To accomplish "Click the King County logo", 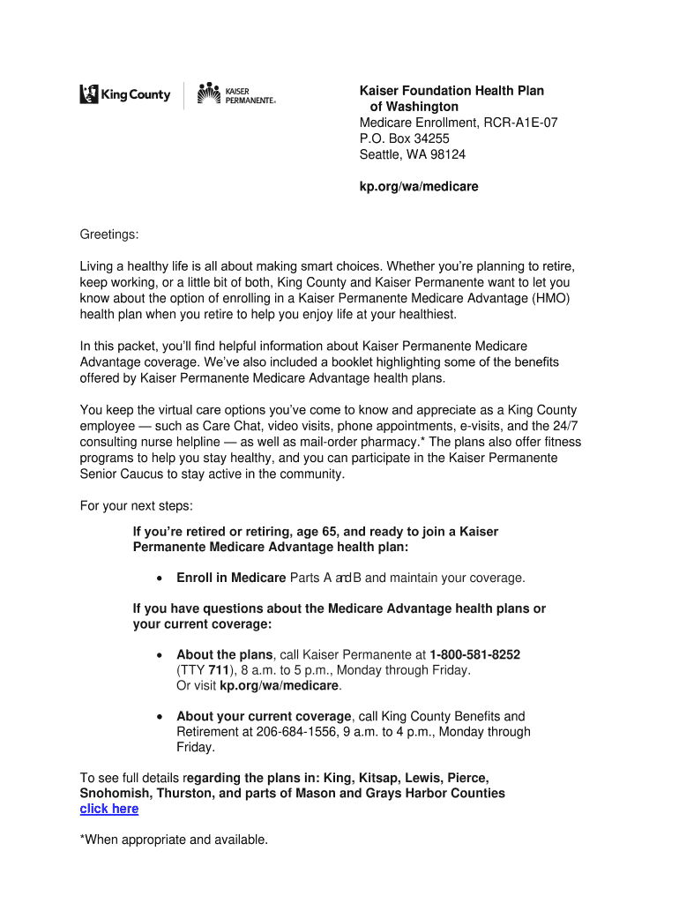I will [x=125, y=94].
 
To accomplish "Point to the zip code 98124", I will [x=448, y=154].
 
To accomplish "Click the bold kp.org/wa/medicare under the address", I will [x=419, y=187].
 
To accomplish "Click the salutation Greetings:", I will [x=110, y=235].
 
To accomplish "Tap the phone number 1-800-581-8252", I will [x=474, y=654].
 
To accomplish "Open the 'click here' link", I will [x=109, y=809].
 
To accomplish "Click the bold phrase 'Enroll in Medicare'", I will [x=231, y=578].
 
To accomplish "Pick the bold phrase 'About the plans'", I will [x=225, y=654].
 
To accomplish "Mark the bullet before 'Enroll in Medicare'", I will [x=158, y=578].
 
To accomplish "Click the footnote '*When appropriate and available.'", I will [x=174, y=840].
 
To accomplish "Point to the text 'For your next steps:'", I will [x=137, y=506].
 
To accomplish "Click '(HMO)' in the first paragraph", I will [x=551, y=298].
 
